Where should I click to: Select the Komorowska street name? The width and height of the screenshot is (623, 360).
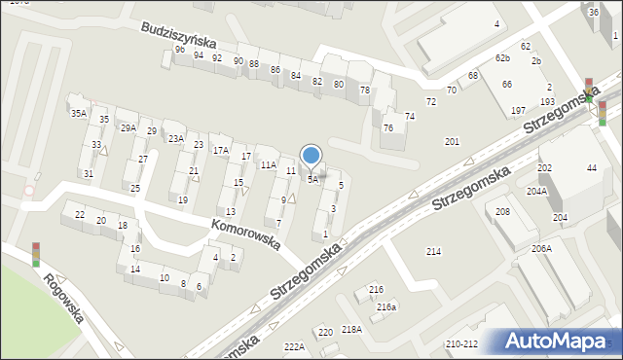pos(244,234)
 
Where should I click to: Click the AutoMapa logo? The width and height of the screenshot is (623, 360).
pos(555,341)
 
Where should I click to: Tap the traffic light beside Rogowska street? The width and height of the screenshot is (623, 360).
pos(36,254)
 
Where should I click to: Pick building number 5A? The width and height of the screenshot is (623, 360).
pos(312,179)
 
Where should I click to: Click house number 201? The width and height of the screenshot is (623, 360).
pos(452,142)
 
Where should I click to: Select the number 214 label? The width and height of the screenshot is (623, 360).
pos(433,252)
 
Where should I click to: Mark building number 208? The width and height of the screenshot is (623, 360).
pos(502,211)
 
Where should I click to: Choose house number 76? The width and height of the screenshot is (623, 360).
pos(388,127)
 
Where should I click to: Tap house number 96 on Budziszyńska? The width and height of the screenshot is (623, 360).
pos(179,50)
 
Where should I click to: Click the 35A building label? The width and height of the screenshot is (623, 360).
pos(79,114)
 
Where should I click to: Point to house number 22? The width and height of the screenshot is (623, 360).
pos(80,214)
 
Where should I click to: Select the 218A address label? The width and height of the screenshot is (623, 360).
pos(351,330)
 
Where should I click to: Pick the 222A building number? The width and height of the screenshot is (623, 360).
pos(294,346)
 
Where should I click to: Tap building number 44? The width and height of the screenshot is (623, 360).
pos(591,168)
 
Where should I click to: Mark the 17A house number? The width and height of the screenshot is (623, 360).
pos(221,150)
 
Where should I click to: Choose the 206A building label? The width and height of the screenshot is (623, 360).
pos(541,248)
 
